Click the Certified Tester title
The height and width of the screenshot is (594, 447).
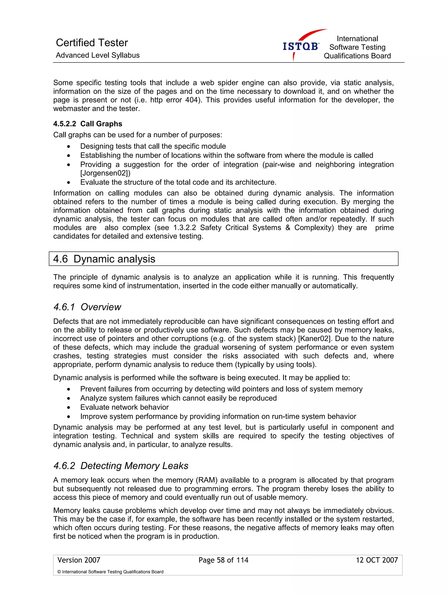92,43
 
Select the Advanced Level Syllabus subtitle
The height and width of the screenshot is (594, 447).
98,55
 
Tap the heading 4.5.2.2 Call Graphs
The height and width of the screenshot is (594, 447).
88,124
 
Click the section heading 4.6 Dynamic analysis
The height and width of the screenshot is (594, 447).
104,259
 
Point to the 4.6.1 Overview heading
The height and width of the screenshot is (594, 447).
87,307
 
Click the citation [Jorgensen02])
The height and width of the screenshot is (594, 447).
105,173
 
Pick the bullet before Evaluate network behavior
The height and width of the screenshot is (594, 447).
69,408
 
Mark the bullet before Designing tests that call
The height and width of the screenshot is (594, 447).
69,147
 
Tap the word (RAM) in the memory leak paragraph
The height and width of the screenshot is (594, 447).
206,480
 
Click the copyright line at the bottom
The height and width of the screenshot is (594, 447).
110,572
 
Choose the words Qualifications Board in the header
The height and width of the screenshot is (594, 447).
357,56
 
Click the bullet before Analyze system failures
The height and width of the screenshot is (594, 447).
69,399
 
